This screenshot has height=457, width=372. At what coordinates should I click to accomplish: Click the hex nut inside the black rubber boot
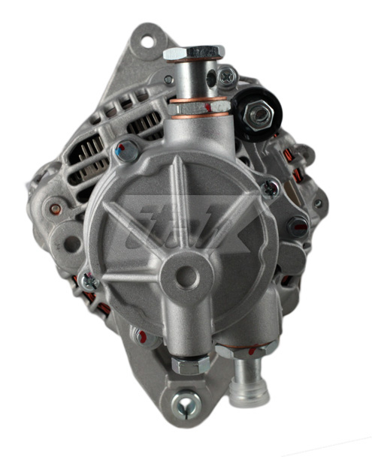[x=258, y=114]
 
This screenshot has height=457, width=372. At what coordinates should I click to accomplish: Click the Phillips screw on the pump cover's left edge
[x=89, y=283]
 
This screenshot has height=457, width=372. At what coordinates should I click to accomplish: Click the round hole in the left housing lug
[x=71, y=244]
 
